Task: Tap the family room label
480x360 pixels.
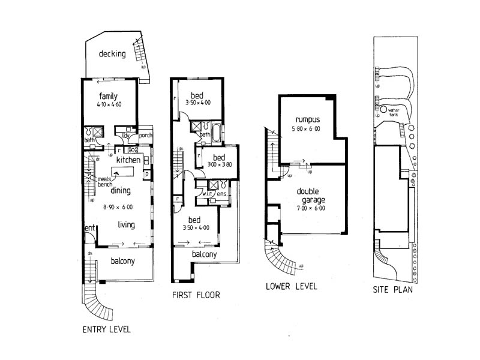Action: click(108, 96)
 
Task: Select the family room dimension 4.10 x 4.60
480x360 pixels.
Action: click(109, 104)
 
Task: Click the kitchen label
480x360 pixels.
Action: click(128, 160)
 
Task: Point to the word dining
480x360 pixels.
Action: click(121, 191)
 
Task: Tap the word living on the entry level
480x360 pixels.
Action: click(126, 225)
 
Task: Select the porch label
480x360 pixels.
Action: click(146, 136)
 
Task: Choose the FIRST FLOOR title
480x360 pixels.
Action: click(196, 295)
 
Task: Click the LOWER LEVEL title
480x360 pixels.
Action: click(291, 286)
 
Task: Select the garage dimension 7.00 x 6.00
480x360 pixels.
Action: click(311, 209)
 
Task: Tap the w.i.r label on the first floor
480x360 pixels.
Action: click(204, 194)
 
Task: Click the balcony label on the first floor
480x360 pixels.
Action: click(205, 255)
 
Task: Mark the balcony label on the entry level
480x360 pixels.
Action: click(123, 261)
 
